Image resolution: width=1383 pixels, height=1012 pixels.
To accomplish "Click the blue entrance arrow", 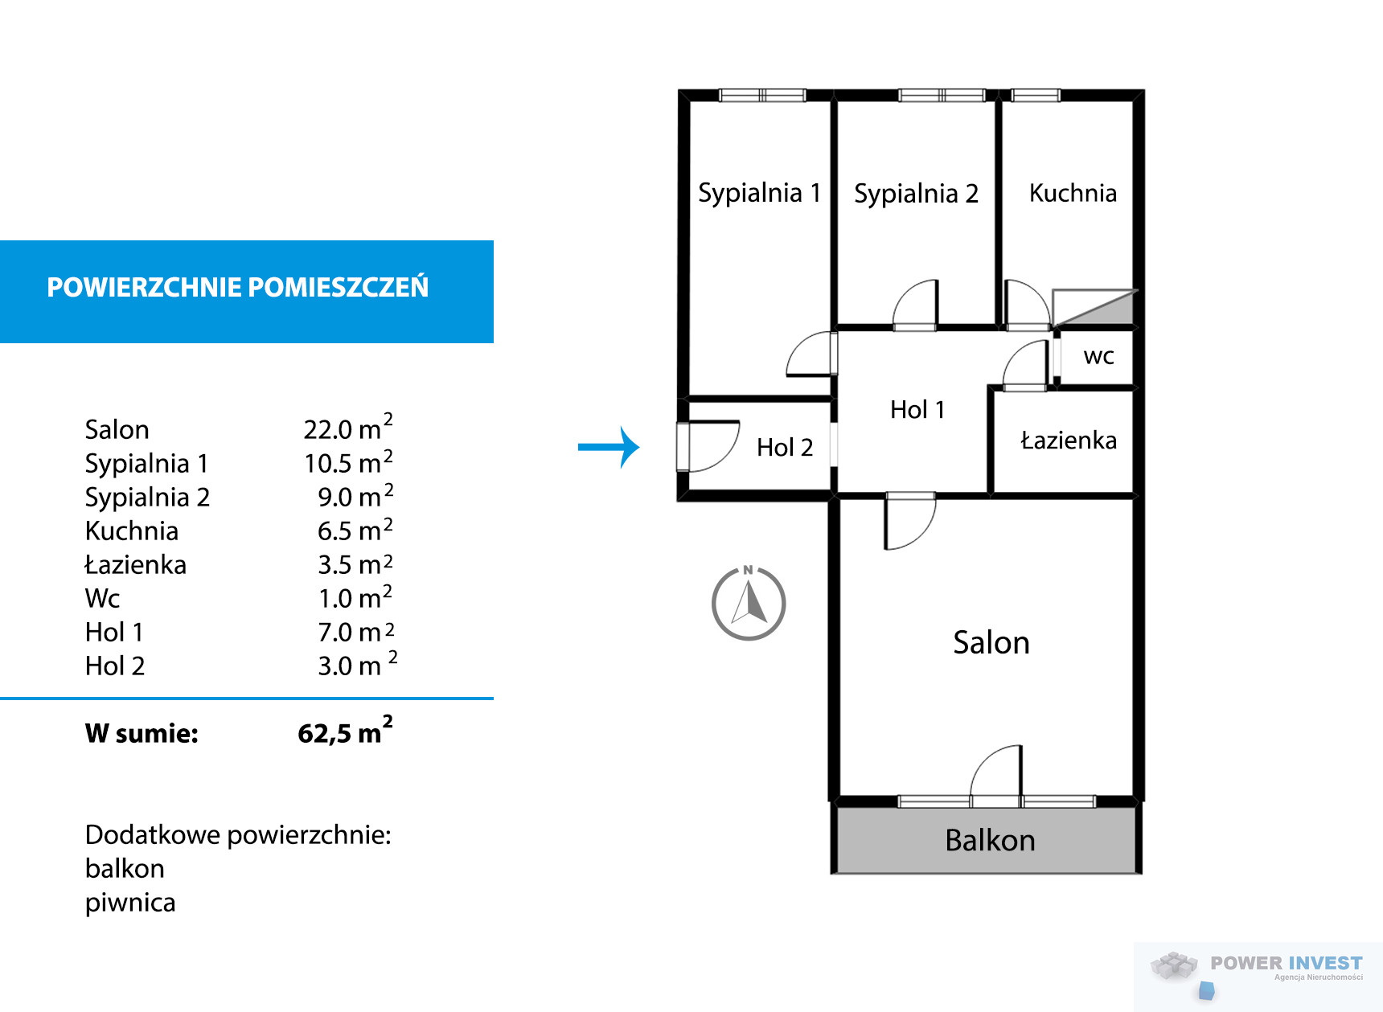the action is click(x=609, y=447).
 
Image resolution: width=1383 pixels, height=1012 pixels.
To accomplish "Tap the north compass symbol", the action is click(x=749, y=602).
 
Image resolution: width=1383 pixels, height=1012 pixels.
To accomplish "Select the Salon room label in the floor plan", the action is click(x=991, y=643).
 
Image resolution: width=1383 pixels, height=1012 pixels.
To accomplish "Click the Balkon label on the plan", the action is click(x=990, y=840).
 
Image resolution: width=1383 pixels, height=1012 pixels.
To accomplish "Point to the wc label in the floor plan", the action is click(x=1098, y=356).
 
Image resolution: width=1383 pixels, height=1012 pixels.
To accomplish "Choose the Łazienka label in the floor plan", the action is click(x=1069, y=440).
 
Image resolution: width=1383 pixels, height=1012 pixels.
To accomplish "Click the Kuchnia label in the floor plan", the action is click(x=1073, y=193).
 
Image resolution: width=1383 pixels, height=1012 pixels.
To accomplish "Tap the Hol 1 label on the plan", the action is click(x=917, y=410).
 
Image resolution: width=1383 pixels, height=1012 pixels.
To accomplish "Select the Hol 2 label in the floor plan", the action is click(x=785, y=447).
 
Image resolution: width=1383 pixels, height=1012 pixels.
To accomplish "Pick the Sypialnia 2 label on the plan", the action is click(x=916, y=195).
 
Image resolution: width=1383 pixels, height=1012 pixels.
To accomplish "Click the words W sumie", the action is click(x=142, y=733).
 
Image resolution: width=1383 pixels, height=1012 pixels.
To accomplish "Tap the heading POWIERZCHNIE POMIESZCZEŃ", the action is click(x=238, y=287).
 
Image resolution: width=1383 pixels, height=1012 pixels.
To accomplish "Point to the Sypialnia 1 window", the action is click(x=762, y=95).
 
